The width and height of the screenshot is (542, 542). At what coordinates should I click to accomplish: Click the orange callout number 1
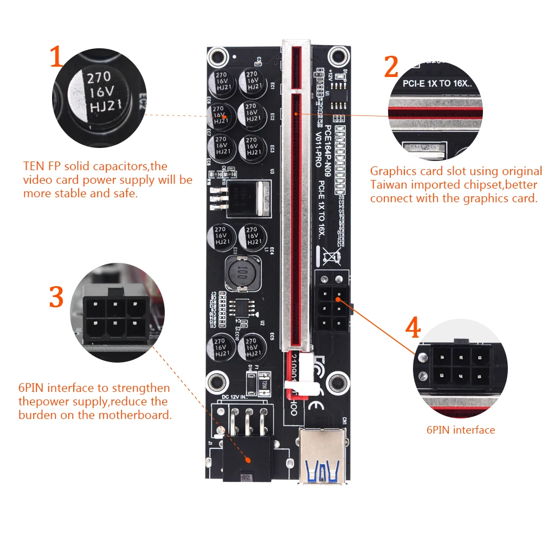pyautogui.click(x=57, y=57)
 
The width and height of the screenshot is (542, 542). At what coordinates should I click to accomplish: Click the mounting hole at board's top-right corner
pyautogui.click(x=339, y=55)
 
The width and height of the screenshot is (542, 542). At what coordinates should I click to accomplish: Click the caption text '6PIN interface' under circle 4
pyautogui.click(x=460, y=430)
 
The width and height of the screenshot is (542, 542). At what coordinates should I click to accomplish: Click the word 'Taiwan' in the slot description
pyautogui.click(x=388, y=185)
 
